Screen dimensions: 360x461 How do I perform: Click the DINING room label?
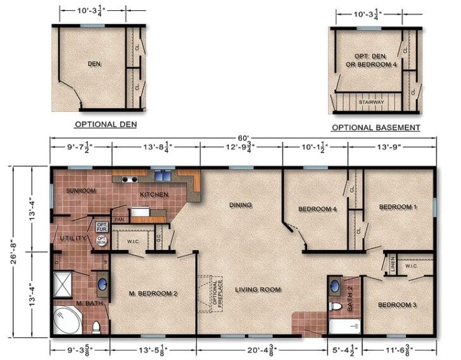[x=241, y=205]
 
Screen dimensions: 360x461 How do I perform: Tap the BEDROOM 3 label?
[x=397, y=305]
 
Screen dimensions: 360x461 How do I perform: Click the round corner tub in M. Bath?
[x=67, y=321]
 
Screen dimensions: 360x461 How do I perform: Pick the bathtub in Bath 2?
[x=344, y=327]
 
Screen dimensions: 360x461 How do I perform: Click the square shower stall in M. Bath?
[x=66, y=284]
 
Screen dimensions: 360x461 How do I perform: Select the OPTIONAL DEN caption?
[x=105, y=125]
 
